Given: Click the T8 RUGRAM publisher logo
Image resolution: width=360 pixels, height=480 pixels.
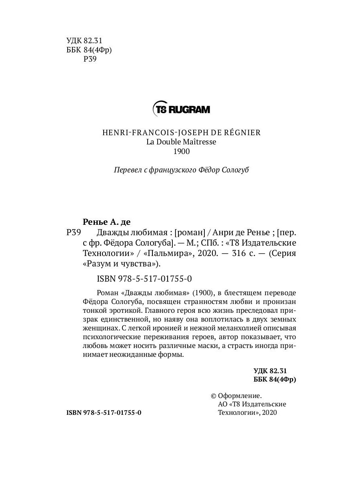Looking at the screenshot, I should [x=181, y=109].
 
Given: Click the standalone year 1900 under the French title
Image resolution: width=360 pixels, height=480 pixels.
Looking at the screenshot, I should [x=181, y=152].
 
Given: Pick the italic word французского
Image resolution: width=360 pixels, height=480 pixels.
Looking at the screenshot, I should [x=174, y=170].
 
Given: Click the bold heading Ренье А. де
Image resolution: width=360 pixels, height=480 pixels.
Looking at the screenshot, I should [x=107, y=222].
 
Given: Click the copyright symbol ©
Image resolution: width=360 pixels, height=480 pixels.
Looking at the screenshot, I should [x=213, y=396].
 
